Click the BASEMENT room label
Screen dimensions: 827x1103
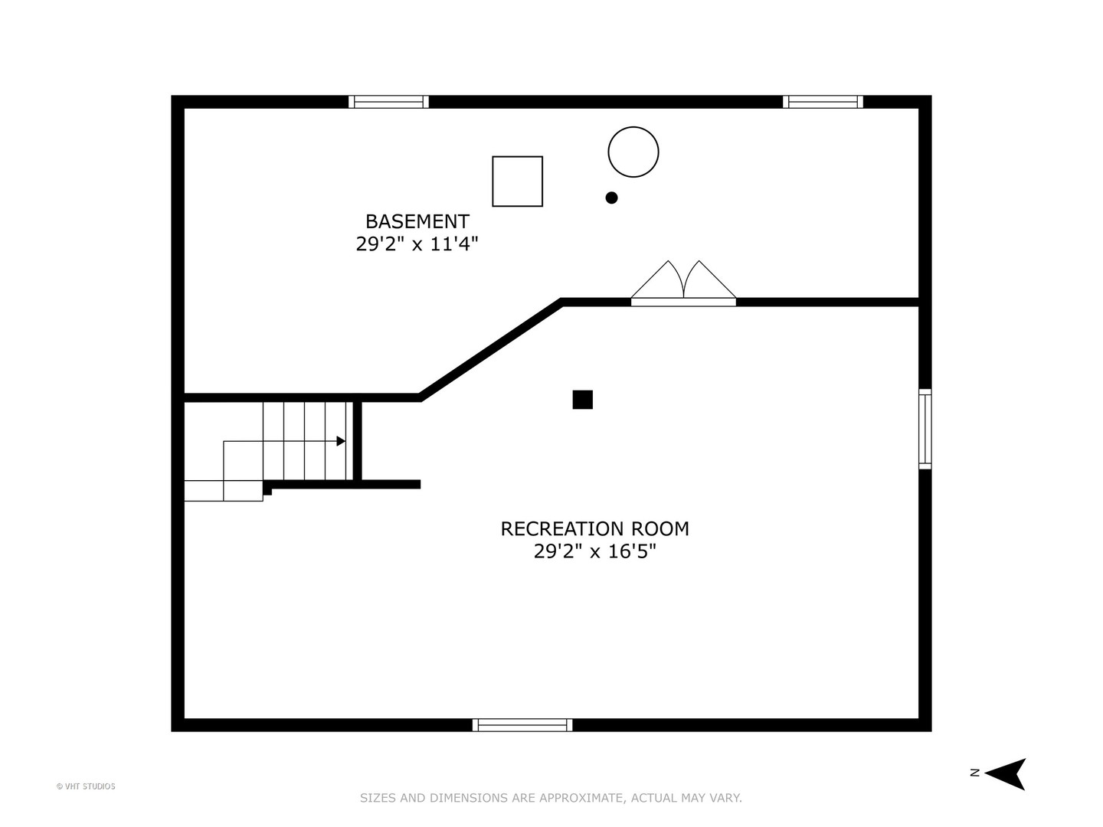click(417, 221)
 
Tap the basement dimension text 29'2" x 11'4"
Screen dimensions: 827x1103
click(417, 244)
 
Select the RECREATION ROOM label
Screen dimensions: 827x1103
click(594, 528)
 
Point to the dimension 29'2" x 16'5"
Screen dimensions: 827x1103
click(594, 551)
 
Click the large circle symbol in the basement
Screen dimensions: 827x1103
click(633, 152)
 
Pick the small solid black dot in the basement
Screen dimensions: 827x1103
click(611, 198)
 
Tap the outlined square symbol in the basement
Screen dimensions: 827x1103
click(517, 181)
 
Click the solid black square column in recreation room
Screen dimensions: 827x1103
click(582, 400)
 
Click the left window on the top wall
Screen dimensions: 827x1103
click(388, 102)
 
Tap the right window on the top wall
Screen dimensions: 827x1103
click(823, 102)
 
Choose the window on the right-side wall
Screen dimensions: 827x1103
click(925, 429)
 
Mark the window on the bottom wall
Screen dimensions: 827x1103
click(522, 724)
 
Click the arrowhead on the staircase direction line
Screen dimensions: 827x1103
click(341, 441)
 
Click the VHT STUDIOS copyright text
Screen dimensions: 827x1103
click(86, 786)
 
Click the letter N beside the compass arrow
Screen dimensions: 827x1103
click(974, 773)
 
